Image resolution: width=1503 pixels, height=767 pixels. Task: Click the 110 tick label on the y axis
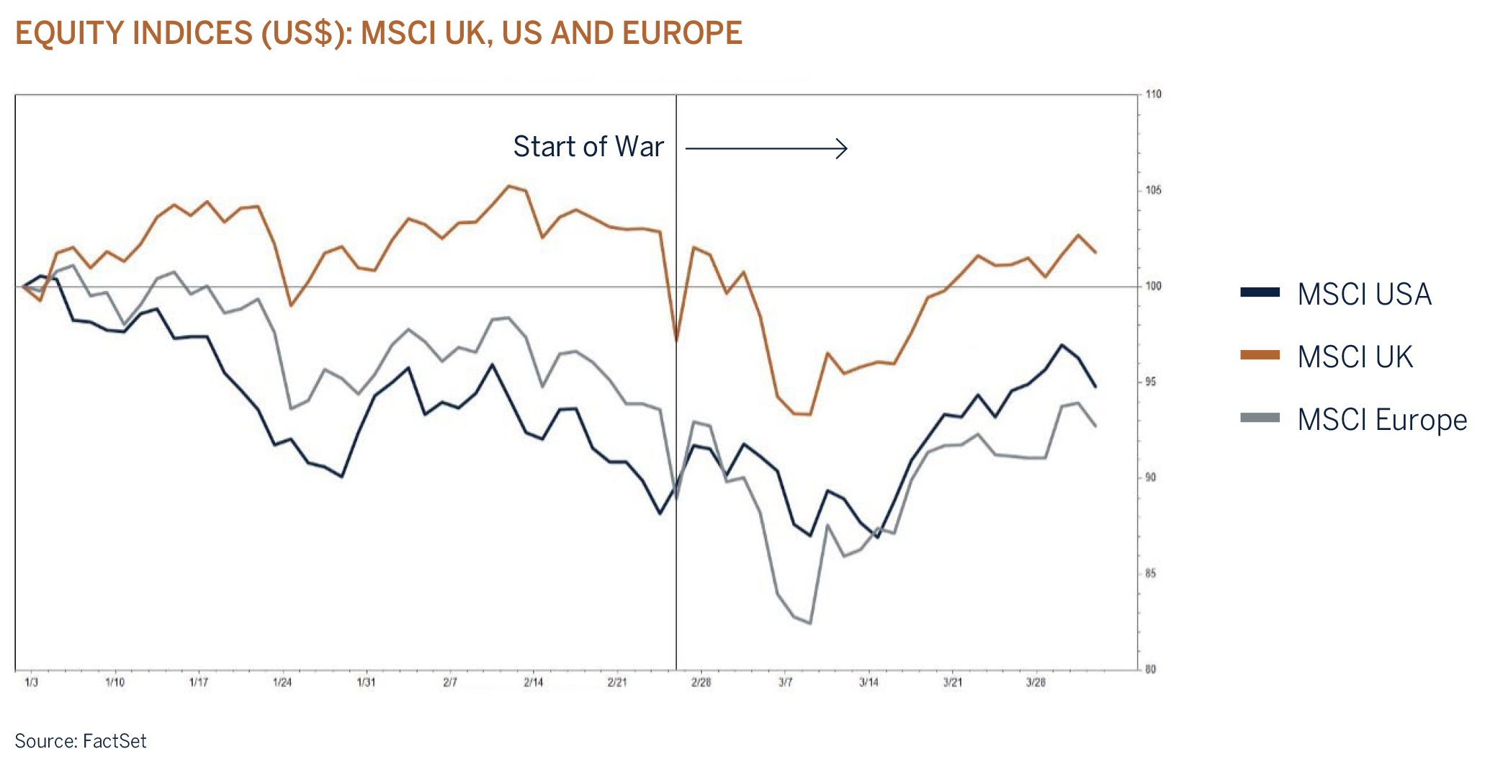click(1153, 94)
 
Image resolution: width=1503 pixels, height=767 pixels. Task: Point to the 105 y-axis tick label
click(1153, 190)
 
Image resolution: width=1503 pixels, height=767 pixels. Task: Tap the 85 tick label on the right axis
click(1151, 573)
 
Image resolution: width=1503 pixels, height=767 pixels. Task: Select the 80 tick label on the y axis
click(1151, 669)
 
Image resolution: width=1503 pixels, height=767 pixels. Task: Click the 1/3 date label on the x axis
click(31, 682)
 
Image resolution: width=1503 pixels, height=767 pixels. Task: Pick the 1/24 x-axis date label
click(282, 682)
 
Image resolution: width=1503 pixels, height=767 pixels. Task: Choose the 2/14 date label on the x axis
click(533, 682)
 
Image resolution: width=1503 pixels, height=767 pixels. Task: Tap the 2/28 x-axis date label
click(701, 682)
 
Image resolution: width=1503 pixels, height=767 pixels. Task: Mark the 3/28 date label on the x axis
click(1036, 682)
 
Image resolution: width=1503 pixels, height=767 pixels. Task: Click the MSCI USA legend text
click(1364, 294)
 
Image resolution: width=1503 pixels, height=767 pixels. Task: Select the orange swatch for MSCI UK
click(1260, 355)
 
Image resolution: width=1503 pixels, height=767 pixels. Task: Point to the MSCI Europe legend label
click(1382, 420)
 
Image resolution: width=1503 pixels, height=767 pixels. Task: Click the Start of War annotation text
click(588, 147)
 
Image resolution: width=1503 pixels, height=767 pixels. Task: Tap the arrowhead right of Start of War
click(843, 148)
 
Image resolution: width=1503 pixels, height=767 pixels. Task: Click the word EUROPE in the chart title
click(682, 33)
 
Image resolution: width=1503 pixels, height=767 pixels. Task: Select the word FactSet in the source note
click(115, 741)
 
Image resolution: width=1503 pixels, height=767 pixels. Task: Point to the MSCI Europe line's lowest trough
click(810, 623)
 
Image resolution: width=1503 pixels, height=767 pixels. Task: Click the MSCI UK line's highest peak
click(508, 186)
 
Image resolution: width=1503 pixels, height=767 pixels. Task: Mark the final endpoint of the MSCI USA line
click(1095, 387)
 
